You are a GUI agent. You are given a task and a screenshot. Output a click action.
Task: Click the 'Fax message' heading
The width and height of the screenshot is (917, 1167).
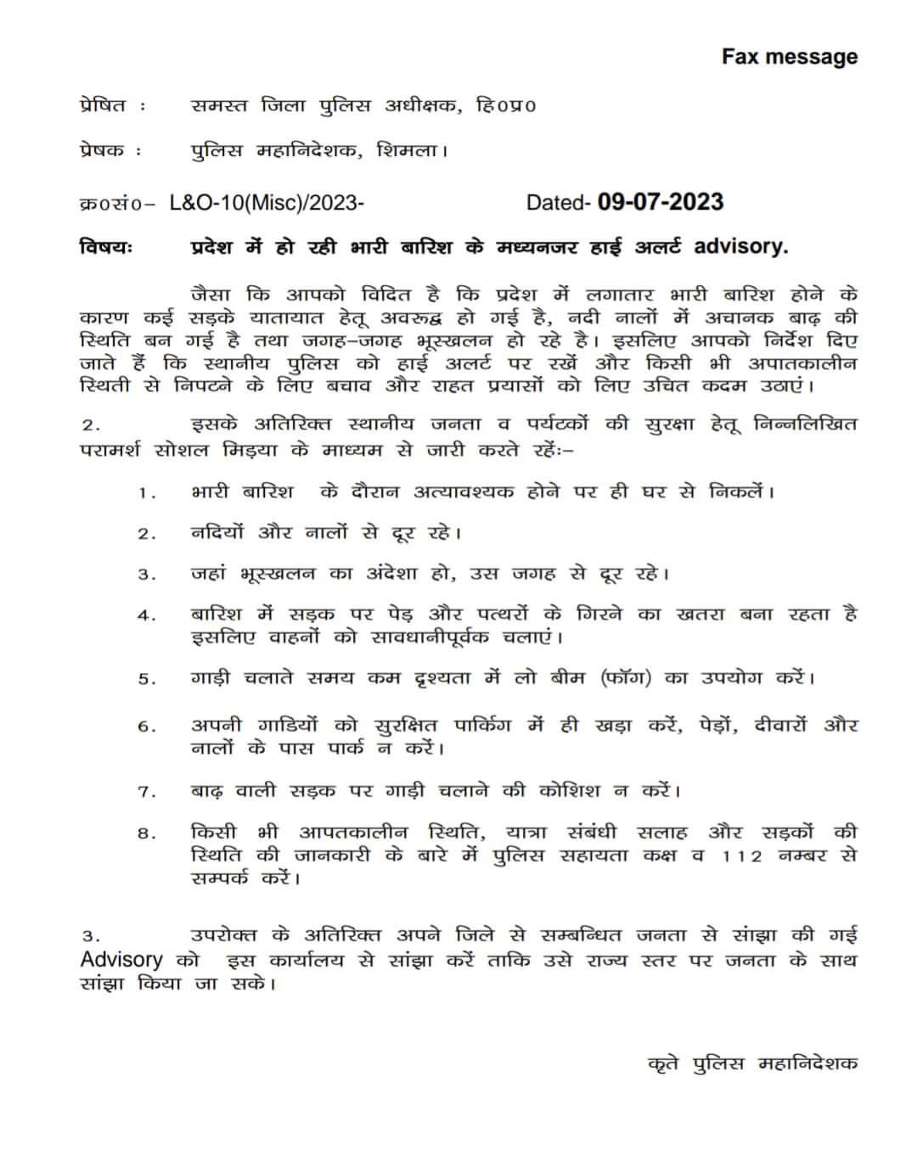[789, 57]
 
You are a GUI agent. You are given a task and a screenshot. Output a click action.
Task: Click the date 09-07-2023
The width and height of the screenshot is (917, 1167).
[661, 202]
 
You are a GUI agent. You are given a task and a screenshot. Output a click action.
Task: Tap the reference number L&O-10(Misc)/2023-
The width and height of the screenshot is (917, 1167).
[267, 203]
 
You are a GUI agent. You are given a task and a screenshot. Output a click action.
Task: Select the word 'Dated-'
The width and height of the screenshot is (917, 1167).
[558, 203]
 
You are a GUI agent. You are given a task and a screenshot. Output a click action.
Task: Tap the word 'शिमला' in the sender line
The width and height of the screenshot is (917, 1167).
[413, 151]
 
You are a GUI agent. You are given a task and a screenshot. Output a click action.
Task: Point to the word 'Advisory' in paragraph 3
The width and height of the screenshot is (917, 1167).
[121, 960]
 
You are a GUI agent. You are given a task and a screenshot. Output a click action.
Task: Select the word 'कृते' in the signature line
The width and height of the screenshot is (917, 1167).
[663, 1063]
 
